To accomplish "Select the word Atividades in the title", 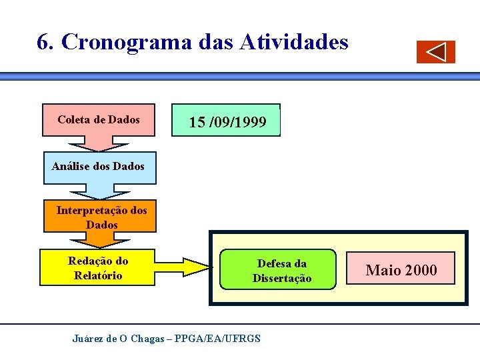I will coord(293,43).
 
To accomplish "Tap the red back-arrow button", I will coord(436,52).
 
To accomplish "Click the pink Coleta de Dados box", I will coord(99,120).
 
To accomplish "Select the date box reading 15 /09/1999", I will coord(227,121).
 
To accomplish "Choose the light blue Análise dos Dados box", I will coord(99,167).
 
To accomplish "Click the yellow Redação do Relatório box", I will coord(98,267).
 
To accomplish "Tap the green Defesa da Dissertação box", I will coord(281,271).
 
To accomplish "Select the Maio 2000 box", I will coord(401,269).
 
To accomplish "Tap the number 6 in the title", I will coord(44,43).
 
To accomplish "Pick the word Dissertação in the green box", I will coord(281,278).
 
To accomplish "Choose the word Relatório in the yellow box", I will coord(98,275).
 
